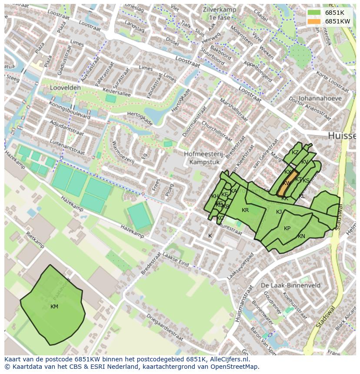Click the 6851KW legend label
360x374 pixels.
[x=337, y=21]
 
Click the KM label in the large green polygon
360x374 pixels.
[x=54, y=307]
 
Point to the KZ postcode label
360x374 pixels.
[x=295, y=152]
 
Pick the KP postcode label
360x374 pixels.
[x=287, y=228]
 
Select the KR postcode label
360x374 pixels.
[x=245, y=210]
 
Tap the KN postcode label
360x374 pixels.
[x=301, y=237]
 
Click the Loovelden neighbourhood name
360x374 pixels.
[x=65, y=87]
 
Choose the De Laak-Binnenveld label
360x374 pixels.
[x=291, y=285]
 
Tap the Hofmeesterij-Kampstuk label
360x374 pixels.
[x=203, y=158]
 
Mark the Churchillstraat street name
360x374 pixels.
[x=217, y=131]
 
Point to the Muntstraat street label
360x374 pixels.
[x=230, y=229]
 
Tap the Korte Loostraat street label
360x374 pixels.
[x=333, y=81]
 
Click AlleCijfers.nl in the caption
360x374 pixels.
[x=228, y=359]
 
